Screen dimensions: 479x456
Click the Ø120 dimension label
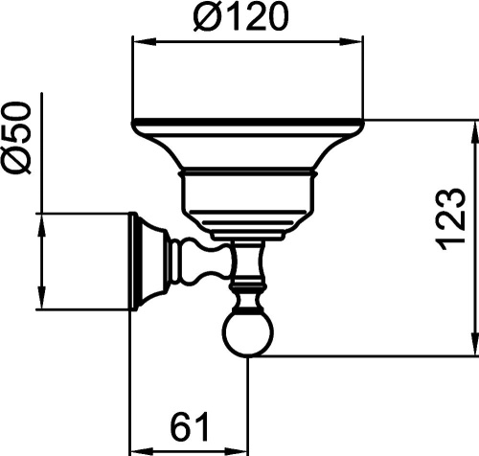pos(241,16)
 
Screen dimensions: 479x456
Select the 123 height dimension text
pos(449,219)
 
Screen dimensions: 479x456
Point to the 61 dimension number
pos(189,426)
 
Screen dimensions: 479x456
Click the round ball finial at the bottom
pos(248,335)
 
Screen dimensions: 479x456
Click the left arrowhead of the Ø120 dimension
pos(145,42)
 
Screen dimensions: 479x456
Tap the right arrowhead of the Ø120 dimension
pos(351,42)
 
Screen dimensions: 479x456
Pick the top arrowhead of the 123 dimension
pos(473,132)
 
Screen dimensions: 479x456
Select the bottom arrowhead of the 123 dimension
pos(473,343)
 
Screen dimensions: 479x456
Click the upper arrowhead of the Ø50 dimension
pos(41,225)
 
